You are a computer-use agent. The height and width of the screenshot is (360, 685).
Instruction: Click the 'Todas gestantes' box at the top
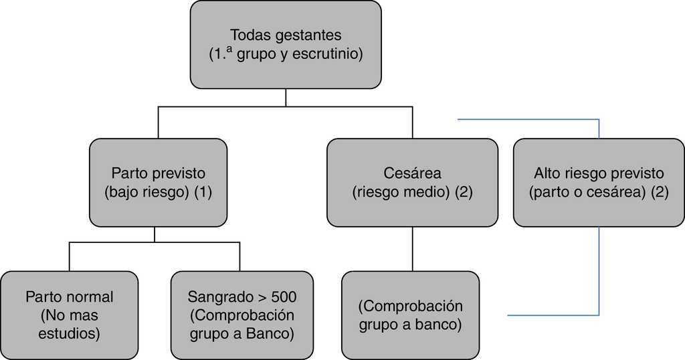(286, 44)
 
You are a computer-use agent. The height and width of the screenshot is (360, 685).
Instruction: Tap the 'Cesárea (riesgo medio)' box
(412, 182)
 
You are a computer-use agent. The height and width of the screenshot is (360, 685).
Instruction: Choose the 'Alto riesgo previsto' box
(599, 182)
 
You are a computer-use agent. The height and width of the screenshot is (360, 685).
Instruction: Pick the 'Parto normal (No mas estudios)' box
(70, 314)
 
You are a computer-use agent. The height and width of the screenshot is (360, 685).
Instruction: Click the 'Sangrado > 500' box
(241, 314)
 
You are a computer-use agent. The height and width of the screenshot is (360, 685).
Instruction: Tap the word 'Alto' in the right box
(547, 173)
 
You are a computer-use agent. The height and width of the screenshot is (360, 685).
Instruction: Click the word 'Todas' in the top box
(246, 35)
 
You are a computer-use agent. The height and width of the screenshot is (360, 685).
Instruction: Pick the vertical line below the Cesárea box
(412, 249)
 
